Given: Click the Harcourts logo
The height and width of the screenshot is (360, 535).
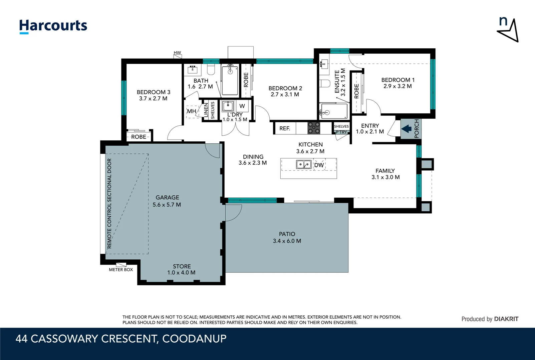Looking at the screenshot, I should [53, 26].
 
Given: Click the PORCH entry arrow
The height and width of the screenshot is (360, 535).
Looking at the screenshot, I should [406, 129].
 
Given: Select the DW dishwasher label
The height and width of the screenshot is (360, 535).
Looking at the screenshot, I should [319, 165].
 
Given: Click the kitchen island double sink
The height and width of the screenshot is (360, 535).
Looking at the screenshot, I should [304, 164].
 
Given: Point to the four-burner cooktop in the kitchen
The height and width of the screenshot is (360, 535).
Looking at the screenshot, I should [313, 128].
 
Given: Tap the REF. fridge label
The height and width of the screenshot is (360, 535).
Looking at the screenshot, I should [284, 128].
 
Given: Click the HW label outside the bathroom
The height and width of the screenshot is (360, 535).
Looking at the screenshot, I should [177, 53].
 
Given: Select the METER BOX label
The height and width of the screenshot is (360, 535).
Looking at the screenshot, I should [121, 270].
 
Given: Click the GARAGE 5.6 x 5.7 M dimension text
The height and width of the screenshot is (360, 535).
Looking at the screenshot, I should [167, 205].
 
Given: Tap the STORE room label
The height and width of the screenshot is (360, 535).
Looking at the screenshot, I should [182, 266].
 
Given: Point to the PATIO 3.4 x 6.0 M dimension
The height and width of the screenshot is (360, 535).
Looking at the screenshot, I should [287, 241].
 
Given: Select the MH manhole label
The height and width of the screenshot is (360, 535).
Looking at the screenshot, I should [191, 111].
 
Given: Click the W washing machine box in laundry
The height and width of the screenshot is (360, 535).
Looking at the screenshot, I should [242, 106].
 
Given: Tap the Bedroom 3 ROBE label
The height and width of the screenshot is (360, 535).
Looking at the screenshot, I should [139, 137].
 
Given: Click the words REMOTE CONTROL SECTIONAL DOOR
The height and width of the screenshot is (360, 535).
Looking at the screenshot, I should [109, 203].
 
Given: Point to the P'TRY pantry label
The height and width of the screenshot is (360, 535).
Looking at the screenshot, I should [341, 132].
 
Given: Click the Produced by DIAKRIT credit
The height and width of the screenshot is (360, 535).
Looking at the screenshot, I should [490, 319].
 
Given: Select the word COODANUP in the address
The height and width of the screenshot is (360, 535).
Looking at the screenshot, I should [194, 339].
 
